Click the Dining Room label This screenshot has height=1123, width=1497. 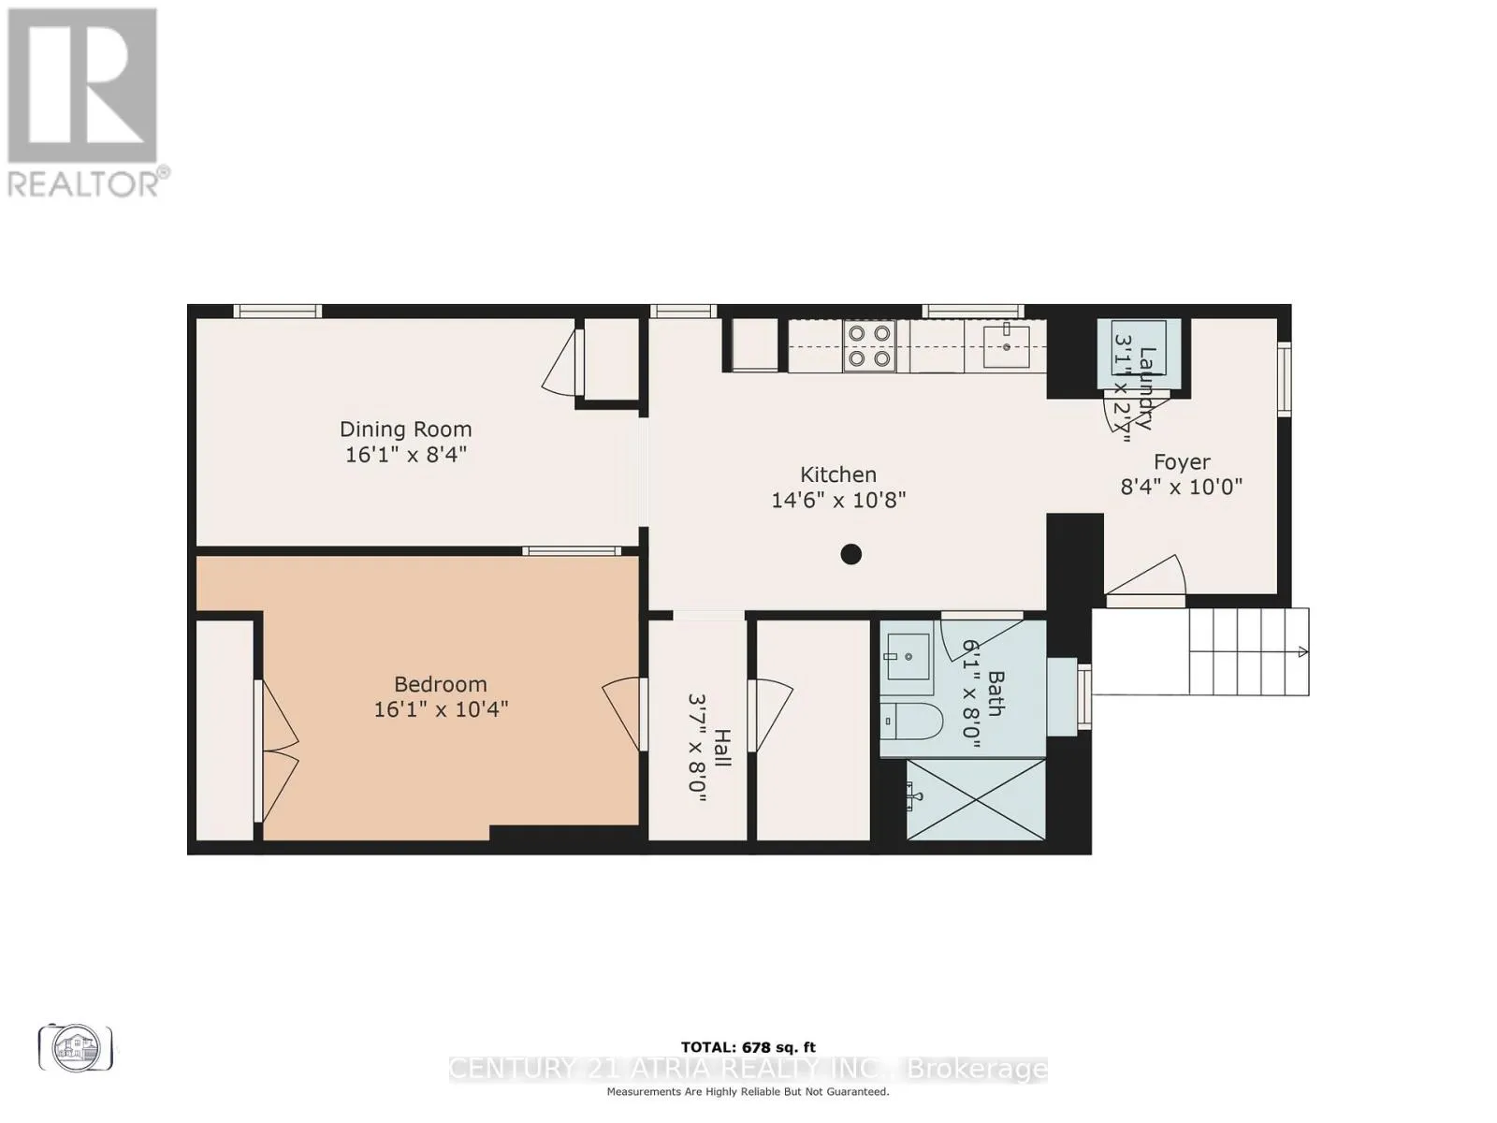tap(405, 430)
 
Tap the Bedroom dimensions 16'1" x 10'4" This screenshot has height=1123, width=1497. tap(441, 709)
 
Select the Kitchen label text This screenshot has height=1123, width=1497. tap(837, 474)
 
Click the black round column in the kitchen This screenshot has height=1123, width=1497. tap(850, 554)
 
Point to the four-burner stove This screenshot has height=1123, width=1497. tap(869, 345)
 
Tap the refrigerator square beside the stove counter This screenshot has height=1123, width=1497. tap(754, 345)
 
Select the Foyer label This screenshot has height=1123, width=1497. tap(1181, 462)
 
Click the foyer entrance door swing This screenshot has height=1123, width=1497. tap(1151, 576)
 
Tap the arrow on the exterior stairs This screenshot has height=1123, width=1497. tap(1300, 652)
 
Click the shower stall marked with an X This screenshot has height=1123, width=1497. tap(976, 799)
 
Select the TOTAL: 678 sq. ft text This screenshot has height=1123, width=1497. tap(748, 1048)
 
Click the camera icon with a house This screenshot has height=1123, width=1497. tap(75, 1048)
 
